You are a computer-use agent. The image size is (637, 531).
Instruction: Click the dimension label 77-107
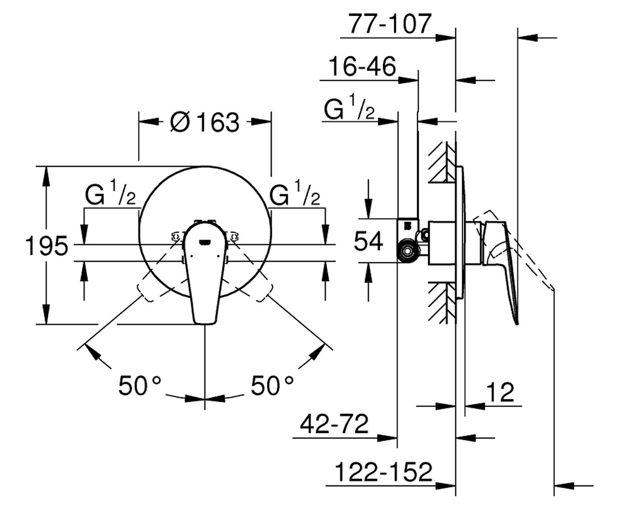pos(390,23)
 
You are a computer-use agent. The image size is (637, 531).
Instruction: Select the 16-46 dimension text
pos(363,66)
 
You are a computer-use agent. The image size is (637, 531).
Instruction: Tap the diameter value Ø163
pos(205,122)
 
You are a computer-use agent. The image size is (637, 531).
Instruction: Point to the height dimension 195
pos(46,246)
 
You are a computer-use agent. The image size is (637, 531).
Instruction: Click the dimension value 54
pos(368,241)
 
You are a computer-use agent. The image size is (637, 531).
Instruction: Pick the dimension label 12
pos(501,392)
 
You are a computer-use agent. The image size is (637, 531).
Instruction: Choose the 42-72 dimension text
pos(334,424)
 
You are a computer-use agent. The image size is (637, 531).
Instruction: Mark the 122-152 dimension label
pos(383,472)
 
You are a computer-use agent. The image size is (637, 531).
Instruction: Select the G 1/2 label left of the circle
pos(110,193)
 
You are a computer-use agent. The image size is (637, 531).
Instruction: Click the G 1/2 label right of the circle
pos(295,193)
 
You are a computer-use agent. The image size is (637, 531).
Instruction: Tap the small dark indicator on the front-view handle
pos(205,242)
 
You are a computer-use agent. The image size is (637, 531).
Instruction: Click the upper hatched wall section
pos(442,162)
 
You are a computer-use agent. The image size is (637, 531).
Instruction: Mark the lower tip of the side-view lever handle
pos(517,324)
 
